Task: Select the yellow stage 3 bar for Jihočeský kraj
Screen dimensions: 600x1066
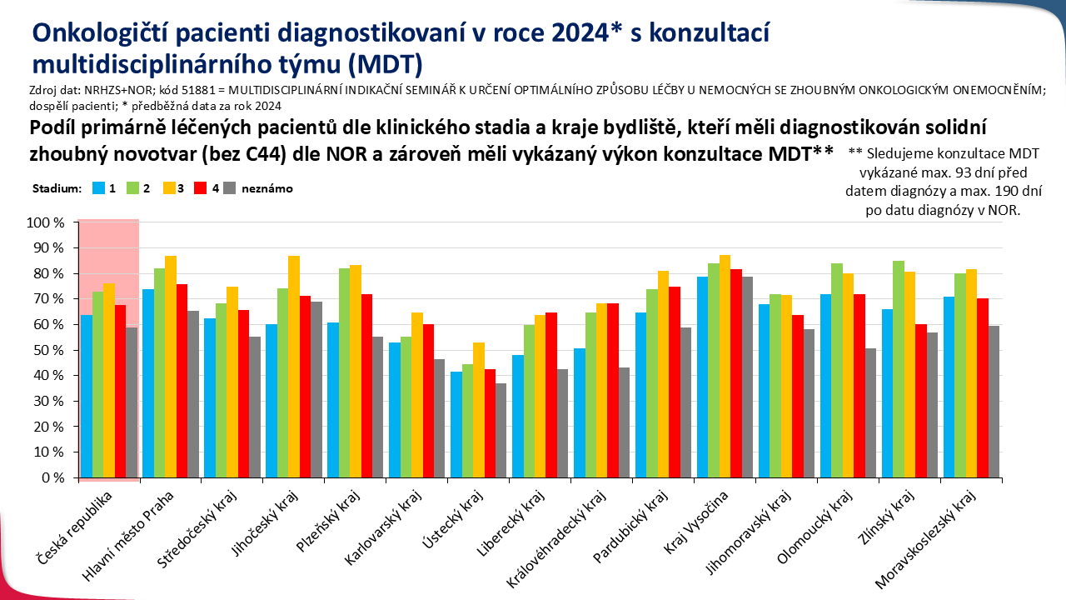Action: [x=294, y=367]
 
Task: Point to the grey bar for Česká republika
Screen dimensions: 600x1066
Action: [x=132, y=402]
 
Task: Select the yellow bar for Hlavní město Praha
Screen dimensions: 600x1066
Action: [x=171, y=367]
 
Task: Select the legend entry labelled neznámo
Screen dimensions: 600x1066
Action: [x=266, y=188]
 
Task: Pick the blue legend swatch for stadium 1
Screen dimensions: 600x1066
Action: [x=98, y=188]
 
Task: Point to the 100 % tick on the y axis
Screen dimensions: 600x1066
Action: [x=47, y=222]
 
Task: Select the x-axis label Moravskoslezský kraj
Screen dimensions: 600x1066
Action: [x=931, y=537]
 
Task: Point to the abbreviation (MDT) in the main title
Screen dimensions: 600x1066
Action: [x=382, y=63]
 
